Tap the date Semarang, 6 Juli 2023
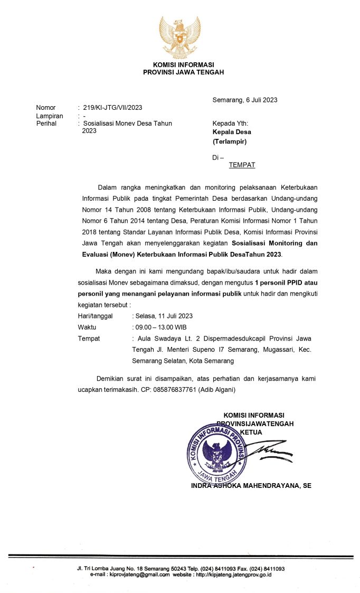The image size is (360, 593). [245, 100]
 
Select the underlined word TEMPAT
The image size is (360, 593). [242, 165]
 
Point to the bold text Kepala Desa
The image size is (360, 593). [232, 132]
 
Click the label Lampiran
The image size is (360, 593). [50, 116]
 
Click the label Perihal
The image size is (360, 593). [46, 124]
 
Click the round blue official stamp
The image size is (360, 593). [216, 449]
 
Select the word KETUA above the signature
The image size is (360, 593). [251, 432]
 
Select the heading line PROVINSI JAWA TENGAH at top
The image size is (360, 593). [183, 72]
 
